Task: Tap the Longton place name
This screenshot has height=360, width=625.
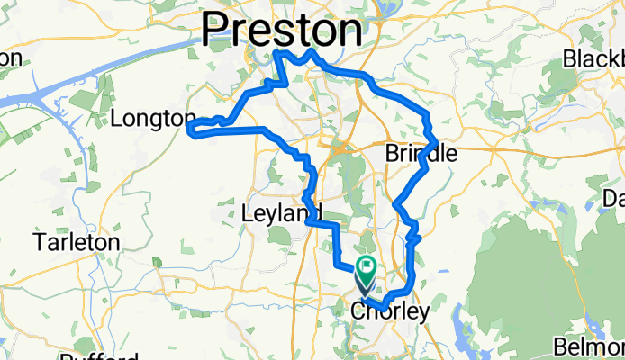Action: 152,119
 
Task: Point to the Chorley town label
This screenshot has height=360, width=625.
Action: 383,312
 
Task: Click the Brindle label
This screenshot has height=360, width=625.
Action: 421,154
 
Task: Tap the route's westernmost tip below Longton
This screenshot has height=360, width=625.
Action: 189,132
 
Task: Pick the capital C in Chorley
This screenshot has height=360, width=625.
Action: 356,312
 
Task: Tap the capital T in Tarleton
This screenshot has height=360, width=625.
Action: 38,243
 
